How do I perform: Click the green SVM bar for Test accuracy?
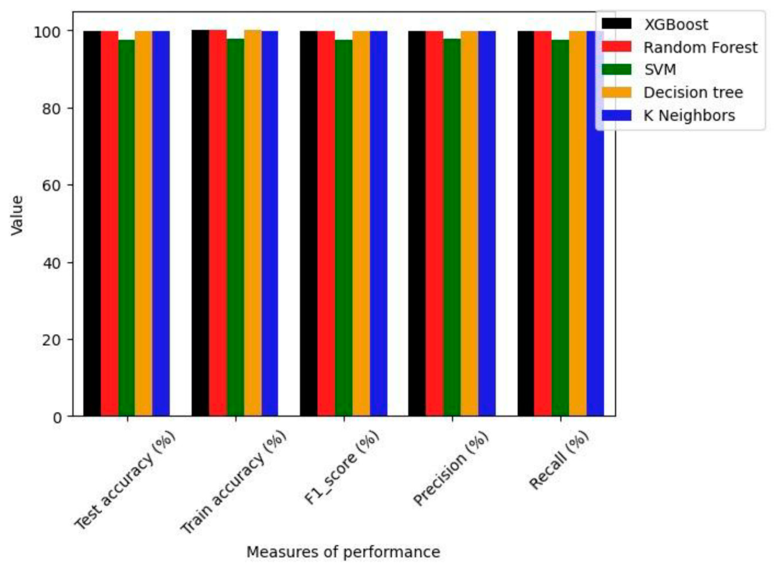127,227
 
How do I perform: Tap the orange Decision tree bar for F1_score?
361,223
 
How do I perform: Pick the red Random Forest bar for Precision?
434,223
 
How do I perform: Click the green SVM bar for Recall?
560,227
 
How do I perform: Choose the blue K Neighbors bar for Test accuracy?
161,223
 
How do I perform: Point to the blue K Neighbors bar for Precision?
487,223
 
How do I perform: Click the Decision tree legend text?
693,92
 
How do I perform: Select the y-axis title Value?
17,216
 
